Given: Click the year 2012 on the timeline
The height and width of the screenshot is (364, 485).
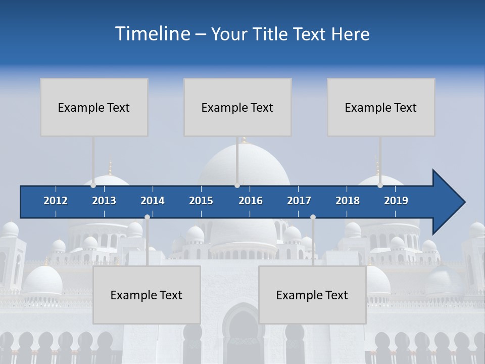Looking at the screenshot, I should (x=56, y=201).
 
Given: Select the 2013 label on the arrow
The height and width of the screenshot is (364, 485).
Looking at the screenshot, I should (x=104, y=201).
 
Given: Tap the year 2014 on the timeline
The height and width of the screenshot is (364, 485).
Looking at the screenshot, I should (x=153, y=201).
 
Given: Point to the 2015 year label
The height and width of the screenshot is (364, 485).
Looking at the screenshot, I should (x=201, y=201).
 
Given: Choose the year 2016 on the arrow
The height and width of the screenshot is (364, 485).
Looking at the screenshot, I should (x=251, y=201).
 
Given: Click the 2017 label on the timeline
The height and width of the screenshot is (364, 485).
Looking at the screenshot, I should (x=299, y=201).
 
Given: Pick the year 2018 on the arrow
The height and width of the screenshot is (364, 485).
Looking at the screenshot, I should (x=348, y=201).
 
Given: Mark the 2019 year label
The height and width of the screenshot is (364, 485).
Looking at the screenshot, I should (x=396, y=201).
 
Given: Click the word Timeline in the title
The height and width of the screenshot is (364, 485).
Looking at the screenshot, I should (x=152, y=34).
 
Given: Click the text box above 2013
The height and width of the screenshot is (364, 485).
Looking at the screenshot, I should (x=94, y=107).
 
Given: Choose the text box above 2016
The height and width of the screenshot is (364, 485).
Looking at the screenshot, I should (x=237, y=107).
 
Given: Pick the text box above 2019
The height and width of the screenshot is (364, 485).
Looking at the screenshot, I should (x=381, y=107).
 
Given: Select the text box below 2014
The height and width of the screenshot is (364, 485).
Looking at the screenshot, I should (x=147, y=295).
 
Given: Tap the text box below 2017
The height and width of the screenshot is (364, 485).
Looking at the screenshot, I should (x=312, y=295).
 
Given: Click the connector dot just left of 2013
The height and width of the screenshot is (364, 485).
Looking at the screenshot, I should (x=93, y=186).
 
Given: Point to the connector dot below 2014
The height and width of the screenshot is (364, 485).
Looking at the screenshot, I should (x=147, y=217).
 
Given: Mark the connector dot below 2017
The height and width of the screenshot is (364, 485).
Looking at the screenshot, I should (x=313, y=217).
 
